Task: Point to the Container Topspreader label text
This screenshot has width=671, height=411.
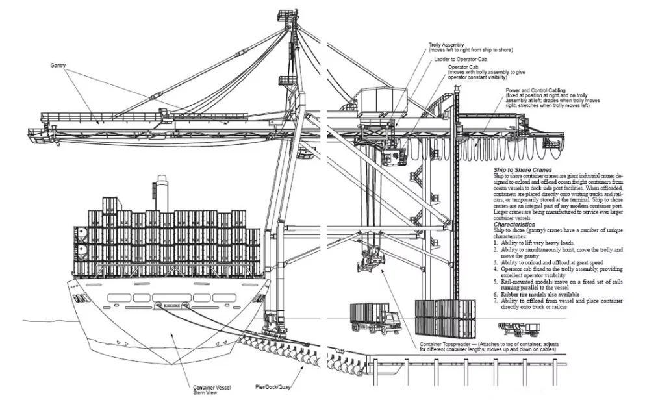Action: (446, 344)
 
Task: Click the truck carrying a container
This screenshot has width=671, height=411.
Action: (375, 318)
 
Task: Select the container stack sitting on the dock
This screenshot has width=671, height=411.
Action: (446, 318)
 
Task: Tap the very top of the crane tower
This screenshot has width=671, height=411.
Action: (285, 14)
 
